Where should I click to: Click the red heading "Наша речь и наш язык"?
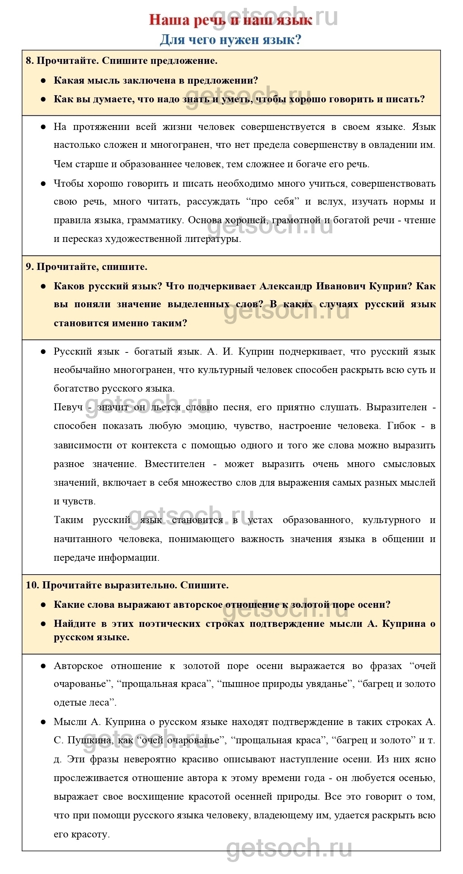(231, 20)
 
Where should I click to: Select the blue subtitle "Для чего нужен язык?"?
(231, 39)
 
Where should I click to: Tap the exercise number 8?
(29, 60)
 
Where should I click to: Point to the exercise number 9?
(29, 267)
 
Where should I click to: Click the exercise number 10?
(32, 585)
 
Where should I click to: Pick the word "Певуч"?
(68, 407)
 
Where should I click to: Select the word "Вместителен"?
(175, 464)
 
